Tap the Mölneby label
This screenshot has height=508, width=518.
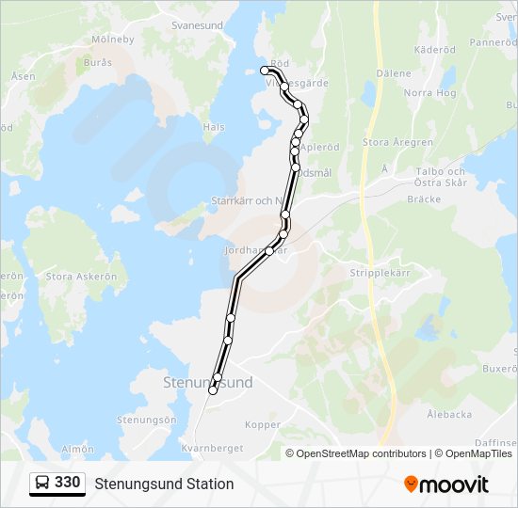pos(113,40)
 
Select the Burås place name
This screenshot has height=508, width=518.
pos(97,62)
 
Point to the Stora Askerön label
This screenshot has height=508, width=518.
pos(81,277)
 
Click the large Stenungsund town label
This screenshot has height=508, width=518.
pos(207,383)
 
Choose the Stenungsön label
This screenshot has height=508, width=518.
pos(146,420)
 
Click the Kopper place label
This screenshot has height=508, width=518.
pos(263,425)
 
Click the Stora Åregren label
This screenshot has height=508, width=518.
pos(397,143)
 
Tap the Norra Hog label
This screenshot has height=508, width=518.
pos(429,93)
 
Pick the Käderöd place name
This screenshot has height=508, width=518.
pos(434,49)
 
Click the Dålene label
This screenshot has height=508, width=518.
pos(394,73)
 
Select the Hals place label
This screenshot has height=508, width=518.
pos(214,127)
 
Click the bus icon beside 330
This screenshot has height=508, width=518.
pos(43,484)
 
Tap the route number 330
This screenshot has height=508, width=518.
pos(67,483)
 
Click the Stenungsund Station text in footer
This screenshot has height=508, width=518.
pos(164,484)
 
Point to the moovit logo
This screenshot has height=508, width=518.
pos(446,484)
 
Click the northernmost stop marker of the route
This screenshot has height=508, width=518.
pos(266,70)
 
